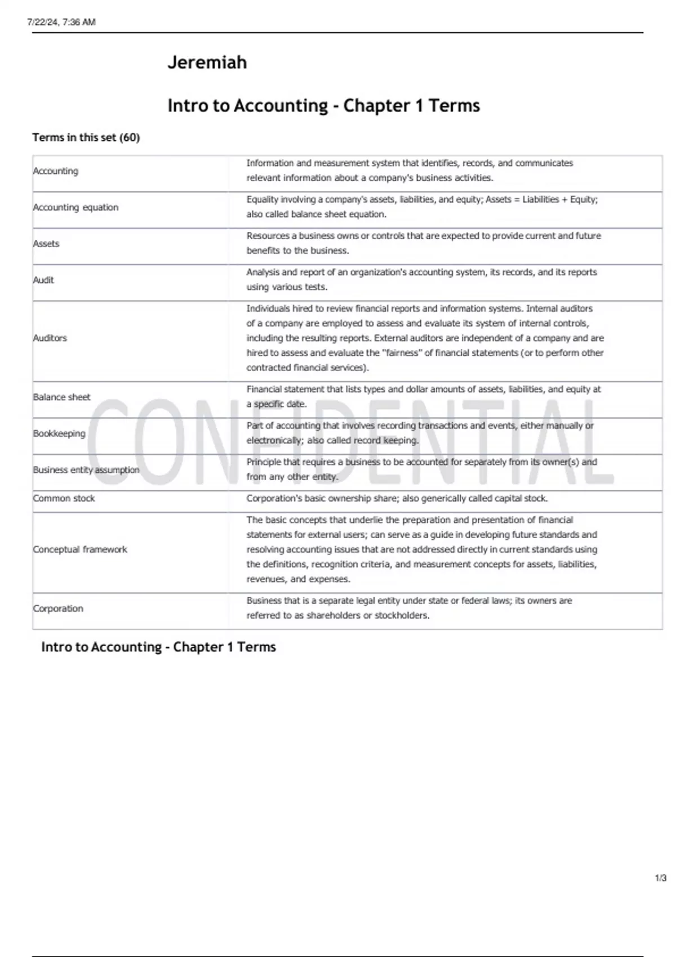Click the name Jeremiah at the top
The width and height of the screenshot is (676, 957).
[x=207, y=62]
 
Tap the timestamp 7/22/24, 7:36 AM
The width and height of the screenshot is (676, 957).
[x=61, y=22]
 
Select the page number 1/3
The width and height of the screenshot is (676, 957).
[x=660, y=878]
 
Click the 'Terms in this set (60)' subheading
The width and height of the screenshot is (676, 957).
[x=86, y=137]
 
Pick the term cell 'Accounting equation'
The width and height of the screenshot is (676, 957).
[x=75, y=207]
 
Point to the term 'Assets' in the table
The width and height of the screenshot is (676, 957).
[x=46, y=244]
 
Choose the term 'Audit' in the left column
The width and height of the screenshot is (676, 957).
[x=43, y=280]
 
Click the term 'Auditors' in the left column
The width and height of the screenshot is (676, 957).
[x=50, y=338]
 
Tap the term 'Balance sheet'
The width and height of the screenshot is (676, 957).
[x=61, y=397]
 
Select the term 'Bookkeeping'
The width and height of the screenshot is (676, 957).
[x=59, y=433]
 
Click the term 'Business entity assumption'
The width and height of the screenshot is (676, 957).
[x=86, y=469]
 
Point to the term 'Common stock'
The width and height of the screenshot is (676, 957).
[x=64, y=498]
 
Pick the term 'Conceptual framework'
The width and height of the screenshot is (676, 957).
[x=80, y=549]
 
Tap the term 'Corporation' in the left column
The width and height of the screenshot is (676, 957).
[x=58, y=609]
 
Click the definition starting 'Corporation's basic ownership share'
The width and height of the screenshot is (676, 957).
[x=397, y=498]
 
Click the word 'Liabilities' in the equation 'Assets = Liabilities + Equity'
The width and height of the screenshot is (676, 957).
[x=540, y=199]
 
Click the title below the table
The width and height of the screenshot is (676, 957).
[x=158, y=647]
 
